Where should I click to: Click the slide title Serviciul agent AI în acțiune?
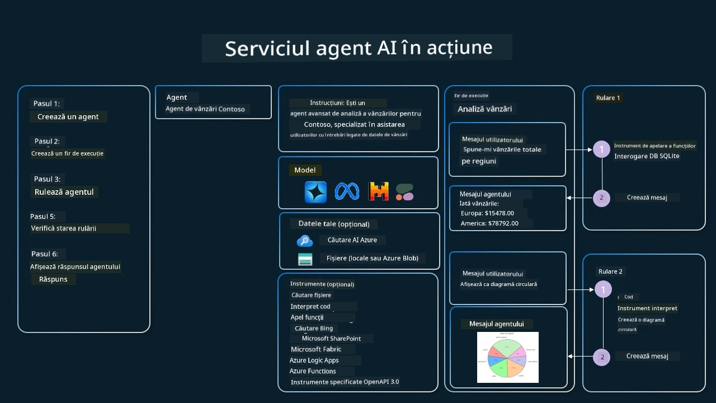[x=358, y=48]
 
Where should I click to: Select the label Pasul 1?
[x=46, y=104]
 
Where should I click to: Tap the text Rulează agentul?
[x=64, y=192]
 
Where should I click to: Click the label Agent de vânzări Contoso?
[x=205, y=109]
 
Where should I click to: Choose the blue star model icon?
[x=315, y=192]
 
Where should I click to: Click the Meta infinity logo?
[x=347, y=191]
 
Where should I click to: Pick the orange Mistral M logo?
[x=379, y=192]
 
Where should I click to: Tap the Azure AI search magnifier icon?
[x=304, y=241]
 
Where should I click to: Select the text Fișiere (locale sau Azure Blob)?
[x=373, y=259]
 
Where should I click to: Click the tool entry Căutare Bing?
[x=314, y=329]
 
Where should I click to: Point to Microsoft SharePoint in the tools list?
[x=331, y=339]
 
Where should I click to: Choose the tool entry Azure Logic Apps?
[x=314, y=360]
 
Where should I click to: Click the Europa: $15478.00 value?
[x=487, y=213]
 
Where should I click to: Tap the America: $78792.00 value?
[x=489, y=223]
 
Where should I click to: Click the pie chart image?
[x=507, y=357]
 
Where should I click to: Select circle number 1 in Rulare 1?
[x=601, y=149]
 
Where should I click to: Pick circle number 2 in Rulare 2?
[x=602, y=357]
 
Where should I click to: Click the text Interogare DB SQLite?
[x=647, y=156]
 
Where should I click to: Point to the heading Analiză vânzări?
[x=484, y=109]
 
